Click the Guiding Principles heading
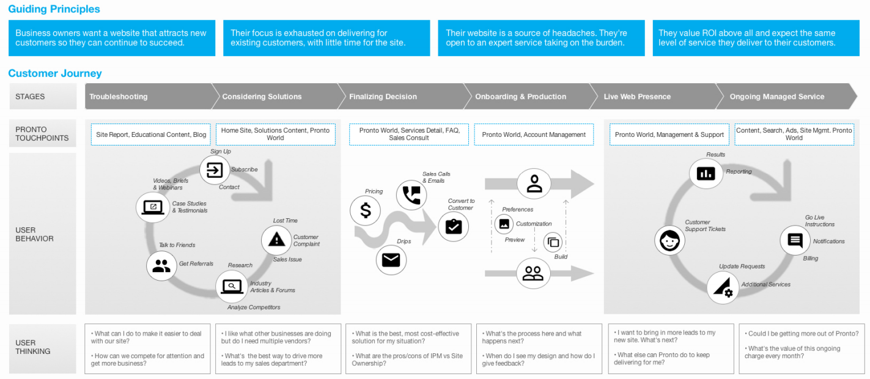point(54,9)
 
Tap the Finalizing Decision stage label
point(383,97)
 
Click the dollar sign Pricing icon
point(365,210)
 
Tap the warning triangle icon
point(276,239)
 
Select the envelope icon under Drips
point(391,260)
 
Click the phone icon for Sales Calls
point(411,195)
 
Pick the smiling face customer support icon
point(669,240)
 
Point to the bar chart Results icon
point(706,173)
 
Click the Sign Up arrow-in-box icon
point(215,170)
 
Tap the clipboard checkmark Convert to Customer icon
point(453,226)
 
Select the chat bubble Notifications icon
point(795,240)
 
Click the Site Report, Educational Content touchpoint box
point(150,134)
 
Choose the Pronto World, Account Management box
point(534,134)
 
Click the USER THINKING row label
point(33,347)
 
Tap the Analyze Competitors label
point(254,307)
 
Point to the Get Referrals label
point(196,263)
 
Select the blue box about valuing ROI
point(756,38)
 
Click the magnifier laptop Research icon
point(232,287)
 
